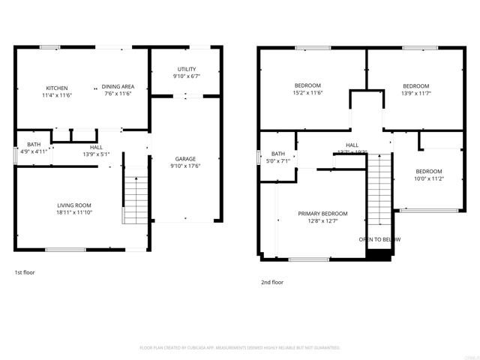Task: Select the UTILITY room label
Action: [x=186, y=69]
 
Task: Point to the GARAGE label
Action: [x=185, y=159]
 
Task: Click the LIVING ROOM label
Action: [x=74, y=205]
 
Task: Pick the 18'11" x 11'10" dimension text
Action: [x=74, y=212]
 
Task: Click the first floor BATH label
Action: [x=34, y=144]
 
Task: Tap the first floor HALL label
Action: [x=96, y=147]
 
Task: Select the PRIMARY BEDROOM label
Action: [x=322, y=214]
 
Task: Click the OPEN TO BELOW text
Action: [x=379, y=239]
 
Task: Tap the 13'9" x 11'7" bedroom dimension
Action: [x=415, y=93]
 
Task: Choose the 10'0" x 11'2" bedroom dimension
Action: [x=429, y=178]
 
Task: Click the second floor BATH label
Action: [x=278, y=153]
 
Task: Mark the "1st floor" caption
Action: [x=25, y=272]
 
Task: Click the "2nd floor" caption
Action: [x=272, y=282]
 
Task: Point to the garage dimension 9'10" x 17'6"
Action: [x=185, y=166]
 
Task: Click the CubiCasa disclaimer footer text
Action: [x=240, y=348]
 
